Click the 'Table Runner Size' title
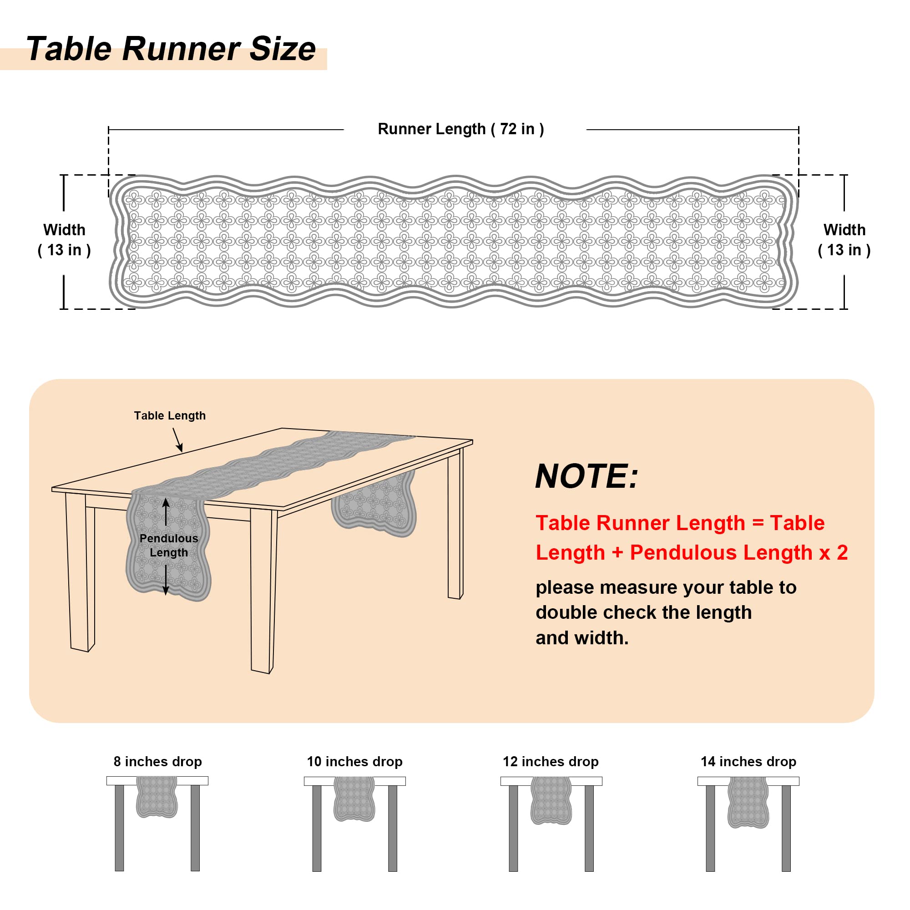pos(171,49)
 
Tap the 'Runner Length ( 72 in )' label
pos(460,129)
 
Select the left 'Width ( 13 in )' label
pos(64,240)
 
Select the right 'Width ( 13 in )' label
pos(844,240)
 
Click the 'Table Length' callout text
pos(170,415)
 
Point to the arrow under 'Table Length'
pos(177,440)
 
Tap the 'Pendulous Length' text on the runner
pos(169,545)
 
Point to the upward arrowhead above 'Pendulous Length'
pos(166,503)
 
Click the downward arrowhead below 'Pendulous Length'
pos(166,591)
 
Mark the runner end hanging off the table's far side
pos(374,504)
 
